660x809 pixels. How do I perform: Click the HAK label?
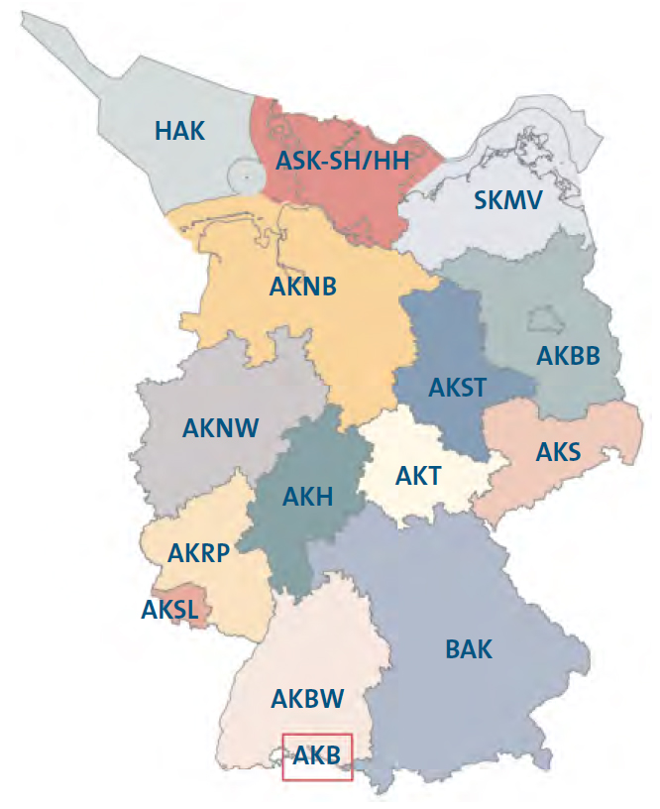pyautogui.click(x=180, y=130)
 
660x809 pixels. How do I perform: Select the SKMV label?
pyautogui.click(x=508, y=201)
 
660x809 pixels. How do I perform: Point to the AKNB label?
pyautogui.click(x=303, y=288)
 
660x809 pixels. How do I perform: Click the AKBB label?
pyautogui.click(x=568, y=356)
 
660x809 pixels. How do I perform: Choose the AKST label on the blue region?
pyautogui.click(x=457, y=387)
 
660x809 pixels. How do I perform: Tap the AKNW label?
pyautogui.click(x=220, y=427)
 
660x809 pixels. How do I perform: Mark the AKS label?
pyautogui.click(x=558, y=452)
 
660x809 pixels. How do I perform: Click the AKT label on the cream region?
pyautogui.click(x=417, y=476)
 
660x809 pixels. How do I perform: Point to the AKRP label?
pyautogui.click(x=198, y=552)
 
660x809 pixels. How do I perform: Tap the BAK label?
pyautogui.click(x=469, y=650)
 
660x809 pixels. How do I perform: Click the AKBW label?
pyautogui.click(x=307, y=699)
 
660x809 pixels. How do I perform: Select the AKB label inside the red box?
pyautogui.click(x=317, y=756)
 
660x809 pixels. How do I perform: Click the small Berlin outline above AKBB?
pyautogui.click(x=540, y=319)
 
